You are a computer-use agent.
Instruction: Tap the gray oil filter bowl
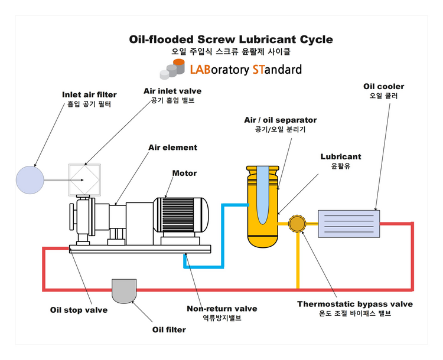pos(124,289)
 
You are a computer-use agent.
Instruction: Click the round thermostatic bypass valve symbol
pos(297,224)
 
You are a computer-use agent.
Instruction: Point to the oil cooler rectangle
pos(348,224)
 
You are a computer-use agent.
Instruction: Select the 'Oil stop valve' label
pos(79,310)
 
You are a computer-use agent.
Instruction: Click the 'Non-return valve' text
pos(221,309)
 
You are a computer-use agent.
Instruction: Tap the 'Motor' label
pos(184,174)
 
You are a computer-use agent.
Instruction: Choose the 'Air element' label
pos(172,148)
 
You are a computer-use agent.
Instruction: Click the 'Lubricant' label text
pos(341,157)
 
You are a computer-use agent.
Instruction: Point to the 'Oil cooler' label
pos(383,87)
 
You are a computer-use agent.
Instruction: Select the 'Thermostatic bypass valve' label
pos(354,305)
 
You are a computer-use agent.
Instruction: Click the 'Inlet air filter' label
pos(89,94)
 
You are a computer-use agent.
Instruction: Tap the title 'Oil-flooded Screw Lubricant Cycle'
pos(231,40)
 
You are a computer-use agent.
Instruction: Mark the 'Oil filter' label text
pos(169,330)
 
